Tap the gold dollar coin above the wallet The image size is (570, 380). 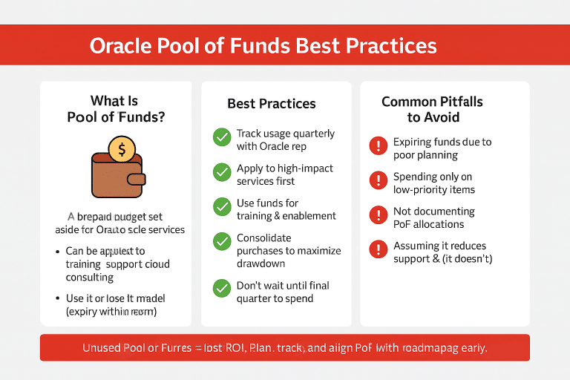122,148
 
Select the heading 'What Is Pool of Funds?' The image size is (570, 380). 115,108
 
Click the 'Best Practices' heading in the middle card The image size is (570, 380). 271,104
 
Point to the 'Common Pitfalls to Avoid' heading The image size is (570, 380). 433,109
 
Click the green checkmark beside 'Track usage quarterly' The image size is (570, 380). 222,137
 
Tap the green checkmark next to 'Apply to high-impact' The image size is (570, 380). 222,172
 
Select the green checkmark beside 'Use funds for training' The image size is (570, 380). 222,207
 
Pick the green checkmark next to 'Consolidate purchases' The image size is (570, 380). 222,242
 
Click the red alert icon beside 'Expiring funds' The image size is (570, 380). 378,145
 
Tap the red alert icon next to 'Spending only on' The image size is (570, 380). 378,180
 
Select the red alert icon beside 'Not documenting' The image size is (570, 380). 378,215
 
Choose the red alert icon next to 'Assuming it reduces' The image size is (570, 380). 378,249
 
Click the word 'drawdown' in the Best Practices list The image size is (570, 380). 261,264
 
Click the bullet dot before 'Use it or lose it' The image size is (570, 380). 59,298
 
